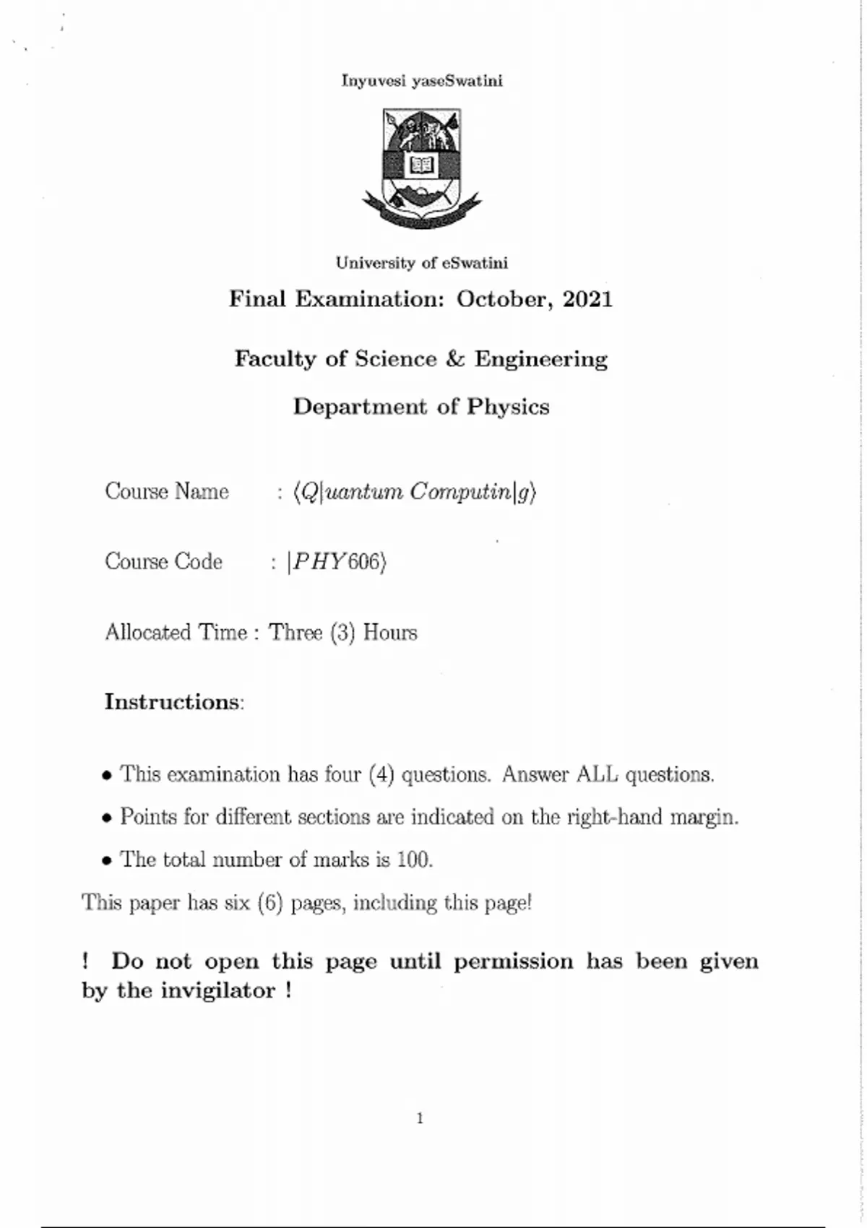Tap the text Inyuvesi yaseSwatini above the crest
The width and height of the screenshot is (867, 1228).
(x=422, y=81)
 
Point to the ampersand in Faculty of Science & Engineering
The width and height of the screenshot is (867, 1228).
(x=455, y=359)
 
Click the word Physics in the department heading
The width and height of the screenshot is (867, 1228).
(x=508, y=407)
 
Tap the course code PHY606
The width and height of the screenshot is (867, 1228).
(x=336, y=562)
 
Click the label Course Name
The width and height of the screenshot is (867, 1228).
(x=167, y=492)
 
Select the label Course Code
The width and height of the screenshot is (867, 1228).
(x=164, y=562)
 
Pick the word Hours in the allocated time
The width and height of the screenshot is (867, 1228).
(x=390, y=633)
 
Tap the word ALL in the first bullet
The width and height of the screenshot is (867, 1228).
(x=597, y=774)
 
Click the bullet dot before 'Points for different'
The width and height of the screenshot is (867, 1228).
(x=107, y=818)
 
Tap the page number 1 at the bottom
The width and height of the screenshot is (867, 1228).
(x=420, y=1119)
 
